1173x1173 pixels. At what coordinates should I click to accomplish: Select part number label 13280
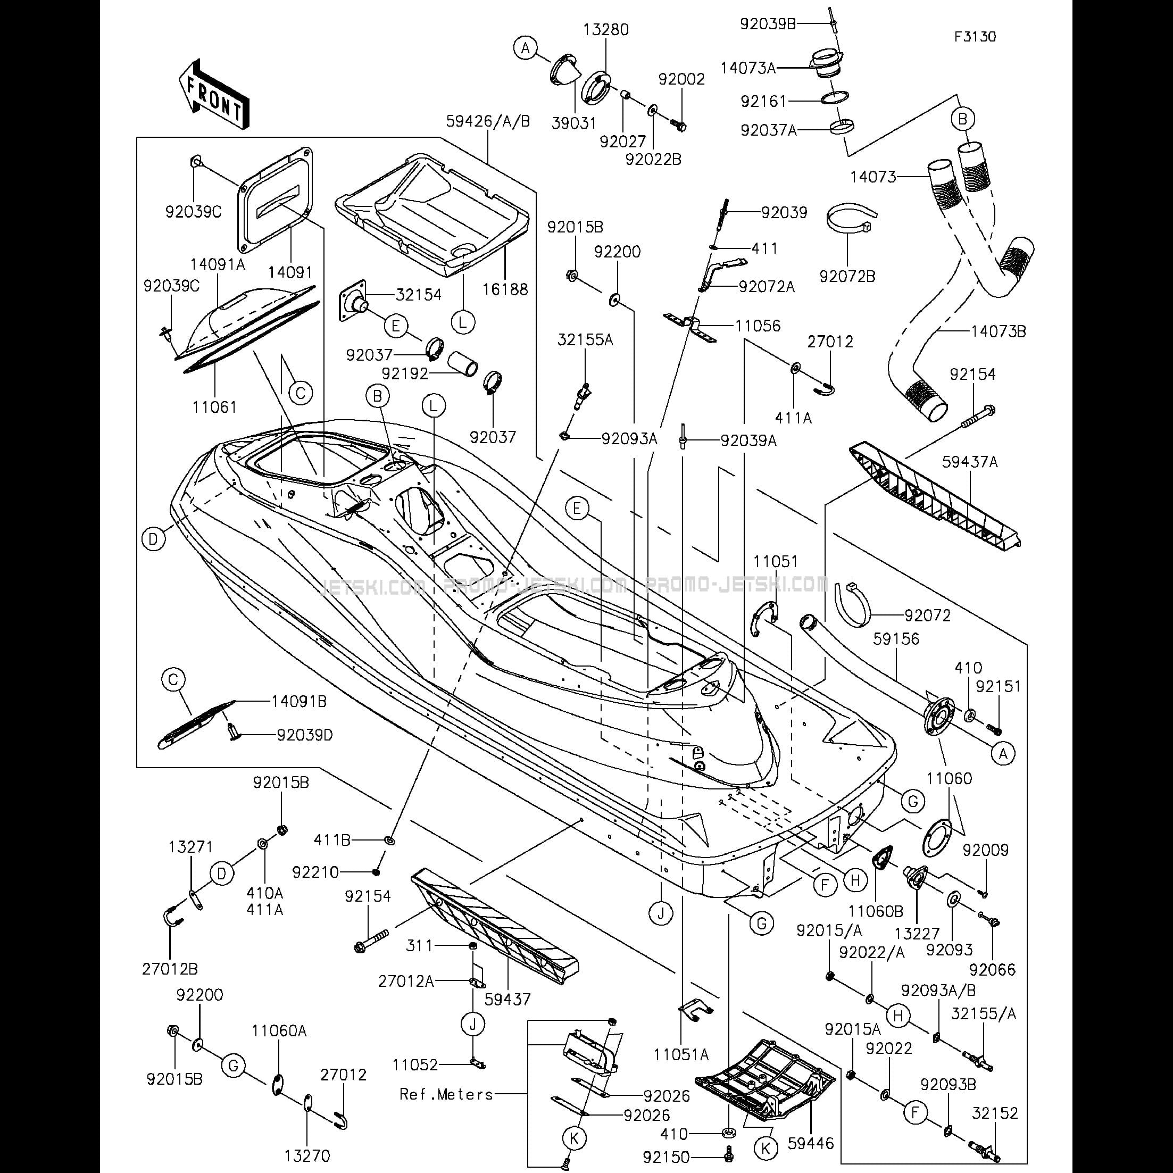coord(606,30)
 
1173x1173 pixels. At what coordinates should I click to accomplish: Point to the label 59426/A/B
coord(488,121)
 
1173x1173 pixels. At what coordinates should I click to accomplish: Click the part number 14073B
coord(998,331)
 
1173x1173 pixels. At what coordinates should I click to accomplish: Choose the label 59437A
coord(970,462)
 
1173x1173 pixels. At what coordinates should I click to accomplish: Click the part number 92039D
coord(305,735)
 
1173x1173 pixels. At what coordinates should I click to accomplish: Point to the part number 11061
coord(214,407)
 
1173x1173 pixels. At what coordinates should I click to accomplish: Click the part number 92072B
coord(847,277)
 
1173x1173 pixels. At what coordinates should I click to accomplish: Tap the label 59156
coord(896,639)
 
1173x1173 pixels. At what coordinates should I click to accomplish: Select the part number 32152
coord(994,1113)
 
